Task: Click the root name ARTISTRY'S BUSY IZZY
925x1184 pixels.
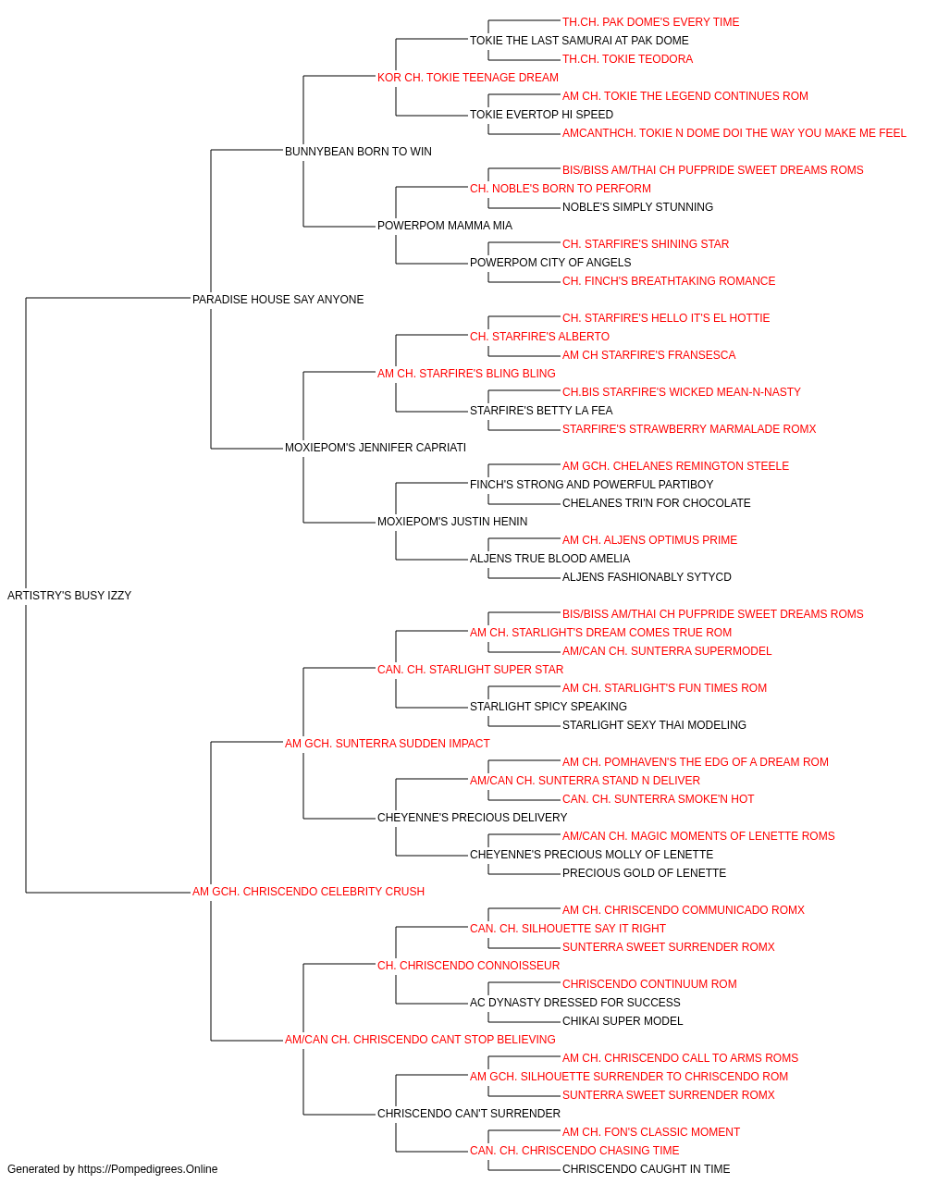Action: (x=69, y=596)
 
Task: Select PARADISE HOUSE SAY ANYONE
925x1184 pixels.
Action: (x=277, y=299)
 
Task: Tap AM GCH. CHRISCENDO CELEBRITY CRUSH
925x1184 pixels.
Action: (x=308, y=892)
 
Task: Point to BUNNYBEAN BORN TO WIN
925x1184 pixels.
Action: (x=358, y=152)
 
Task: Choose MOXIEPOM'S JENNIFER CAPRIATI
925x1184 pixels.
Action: (x=376, y=448)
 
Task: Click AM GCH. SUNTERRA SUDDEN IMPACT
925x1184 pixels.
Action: (x=388, y=743)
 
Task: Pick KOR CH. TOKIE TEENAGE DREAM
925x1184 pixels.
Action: (x=468, y=78)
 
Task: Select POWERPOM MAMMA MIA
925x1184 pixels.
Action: (x=445, y=226)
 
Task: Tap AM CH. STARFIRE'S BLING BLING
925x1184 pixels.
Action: (x=466, y=373)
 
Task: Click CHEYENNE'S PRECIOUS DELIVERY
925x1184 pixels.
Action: (x=473, y=818)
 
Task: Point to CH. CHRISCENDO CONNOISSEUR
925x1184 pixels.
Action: (x=468, y=966)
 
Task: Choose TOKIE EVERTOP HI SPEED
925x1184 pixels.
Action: (x=541, y=115)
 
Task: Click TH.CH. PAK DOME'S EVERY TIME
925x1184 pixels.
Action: (x=651, y=22)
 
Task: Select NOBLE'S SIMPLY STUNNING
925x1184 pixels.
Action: (x=638, y=207)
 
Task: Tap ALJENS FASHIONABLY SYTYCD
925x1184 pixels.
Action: (x=647, y=577)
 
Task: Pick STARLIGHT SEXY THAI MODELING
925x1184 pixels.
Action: (x=654, y=724)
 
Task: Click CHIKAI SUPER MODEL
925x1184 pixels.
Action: (x=623, y=1021)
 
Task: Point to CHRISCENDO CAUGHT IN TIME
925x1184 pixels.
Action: (x=646, y=1169)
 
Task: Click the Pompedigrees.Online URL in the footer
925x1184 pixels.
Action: (x=148, y=1169)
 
